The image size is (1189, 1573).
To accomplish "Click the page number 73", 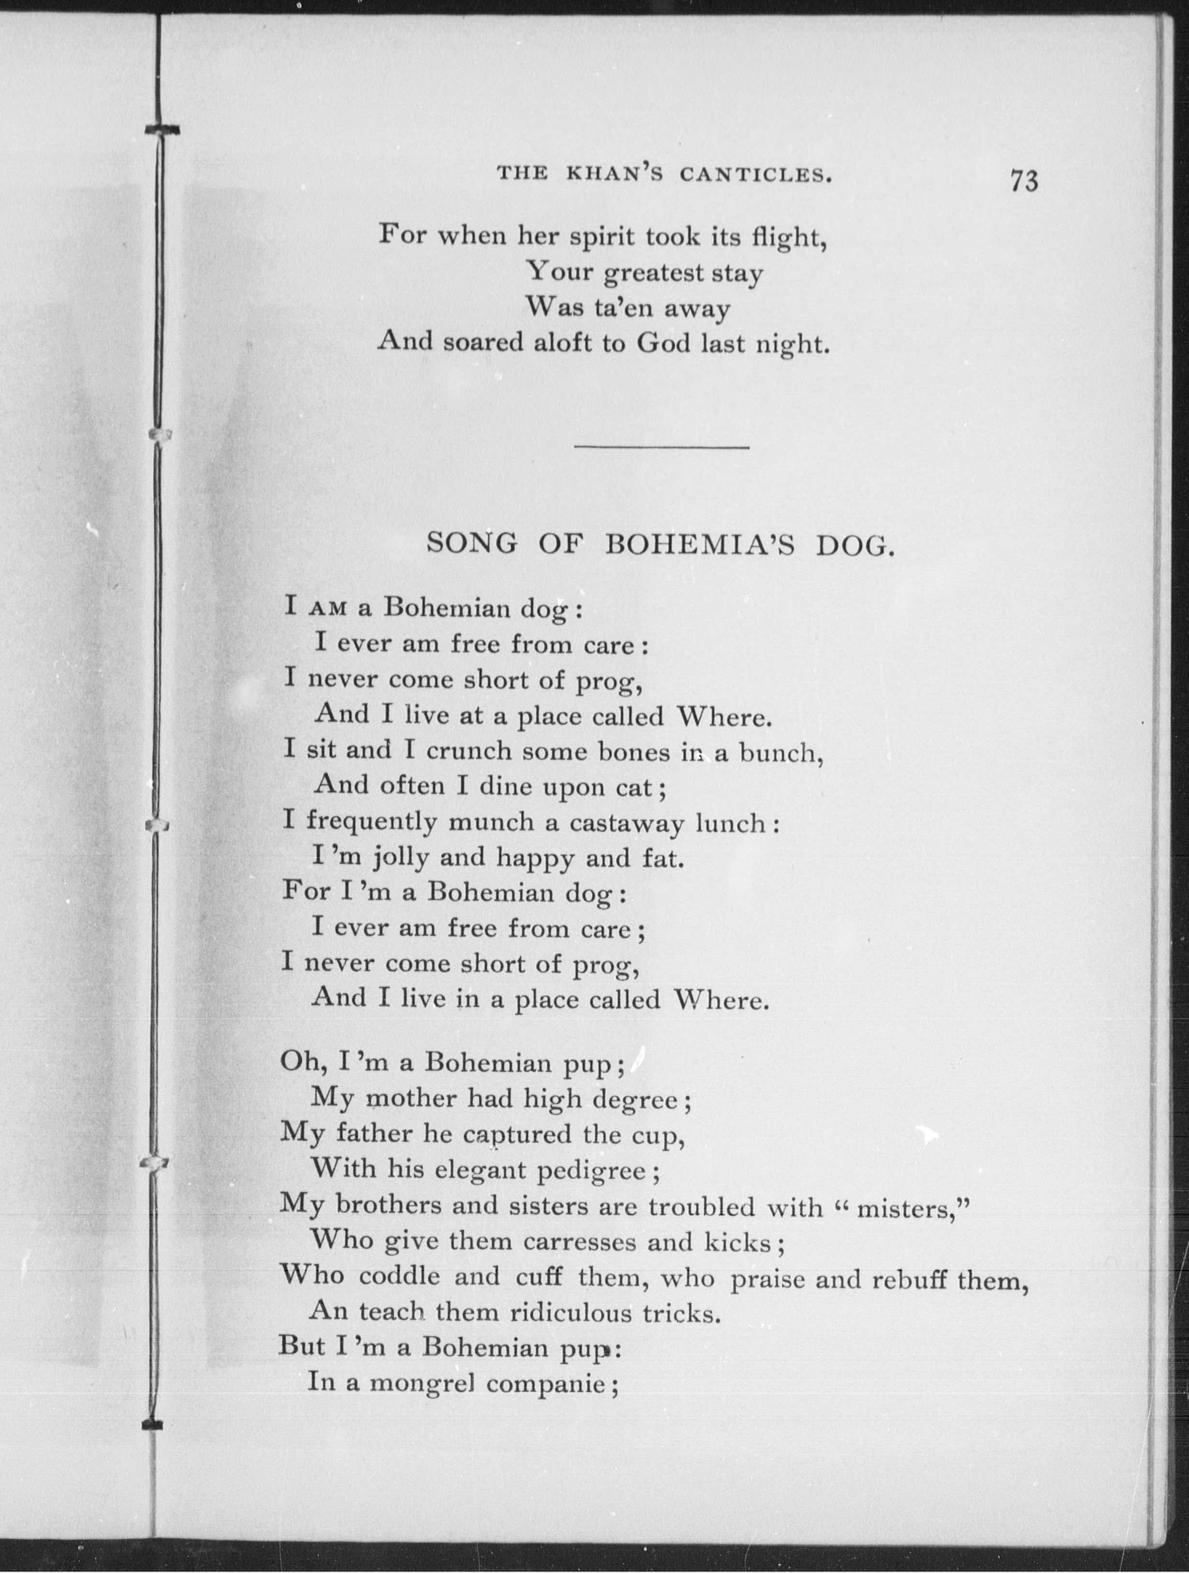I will (1023, 181).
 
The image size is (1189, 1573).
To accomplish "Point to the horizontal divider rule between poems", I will (661, 446).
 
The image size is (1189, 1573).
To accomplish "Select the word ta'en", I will (616, 308).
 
